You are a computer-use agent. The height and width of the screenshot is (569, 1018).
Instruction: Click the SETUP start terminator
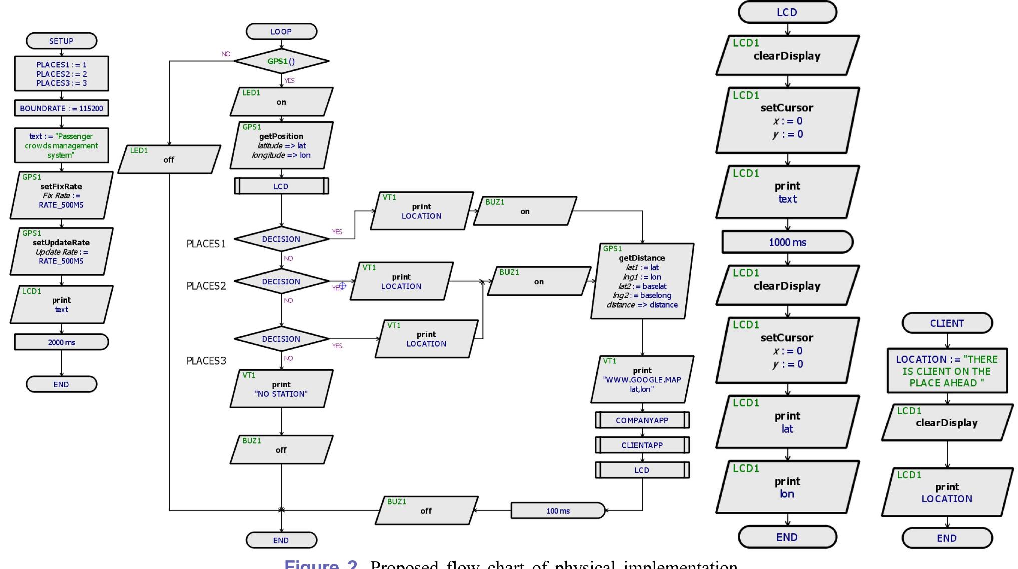61,41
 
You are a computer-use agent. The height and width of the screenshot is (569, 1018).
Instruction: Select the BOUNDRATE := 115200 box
61,108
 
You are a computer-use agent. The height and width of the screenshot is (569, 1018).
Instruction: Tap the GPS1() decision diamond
281,61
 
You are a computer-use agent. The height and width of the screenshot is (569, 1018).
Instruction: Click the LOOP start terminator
281,31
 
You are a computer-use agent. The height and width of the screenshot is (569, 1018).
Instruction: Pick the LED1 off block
169,159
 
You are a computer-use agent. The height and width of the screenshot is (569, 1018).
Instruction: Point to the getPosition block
281,145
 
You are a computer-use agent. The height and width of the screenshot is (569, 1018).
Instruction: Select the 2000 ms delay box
61,342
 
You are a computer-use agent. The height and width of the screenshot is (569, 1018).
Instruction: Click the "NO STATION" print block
281,389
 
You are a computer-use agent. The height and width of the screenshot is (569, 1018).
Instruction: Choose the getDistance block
642,281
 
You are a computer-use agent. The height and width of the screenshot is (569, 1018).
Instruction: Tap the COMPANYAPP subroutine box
642,420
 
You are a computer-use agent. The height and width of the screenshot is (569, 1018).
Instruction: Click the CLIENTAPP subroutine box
642,445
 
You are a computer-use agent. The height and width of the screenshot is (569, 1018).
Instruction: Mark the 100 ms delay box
558,511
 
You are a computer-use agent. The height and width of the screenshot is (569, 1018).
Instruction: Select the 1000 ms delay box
787,242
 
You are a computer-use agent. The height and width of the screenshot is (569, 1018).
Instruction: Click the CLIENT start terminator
947,323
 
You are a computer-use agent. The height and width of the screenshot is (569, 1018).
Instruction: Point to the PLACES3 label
206,361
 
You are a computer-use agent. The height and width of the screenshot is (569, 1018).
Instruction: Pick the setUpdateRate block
61,251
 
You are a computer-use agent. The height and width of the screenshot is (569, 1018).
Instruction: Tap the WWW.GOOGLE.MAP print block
642,379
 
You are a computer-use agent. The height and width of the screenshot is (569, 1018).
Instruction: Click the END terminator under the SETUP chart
61,384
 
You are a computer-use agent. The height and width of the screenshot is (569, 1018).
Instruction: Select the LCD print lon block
787,487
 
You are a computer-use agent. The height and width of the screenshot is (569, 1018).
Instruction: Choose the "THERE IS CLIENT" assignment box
947,371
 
